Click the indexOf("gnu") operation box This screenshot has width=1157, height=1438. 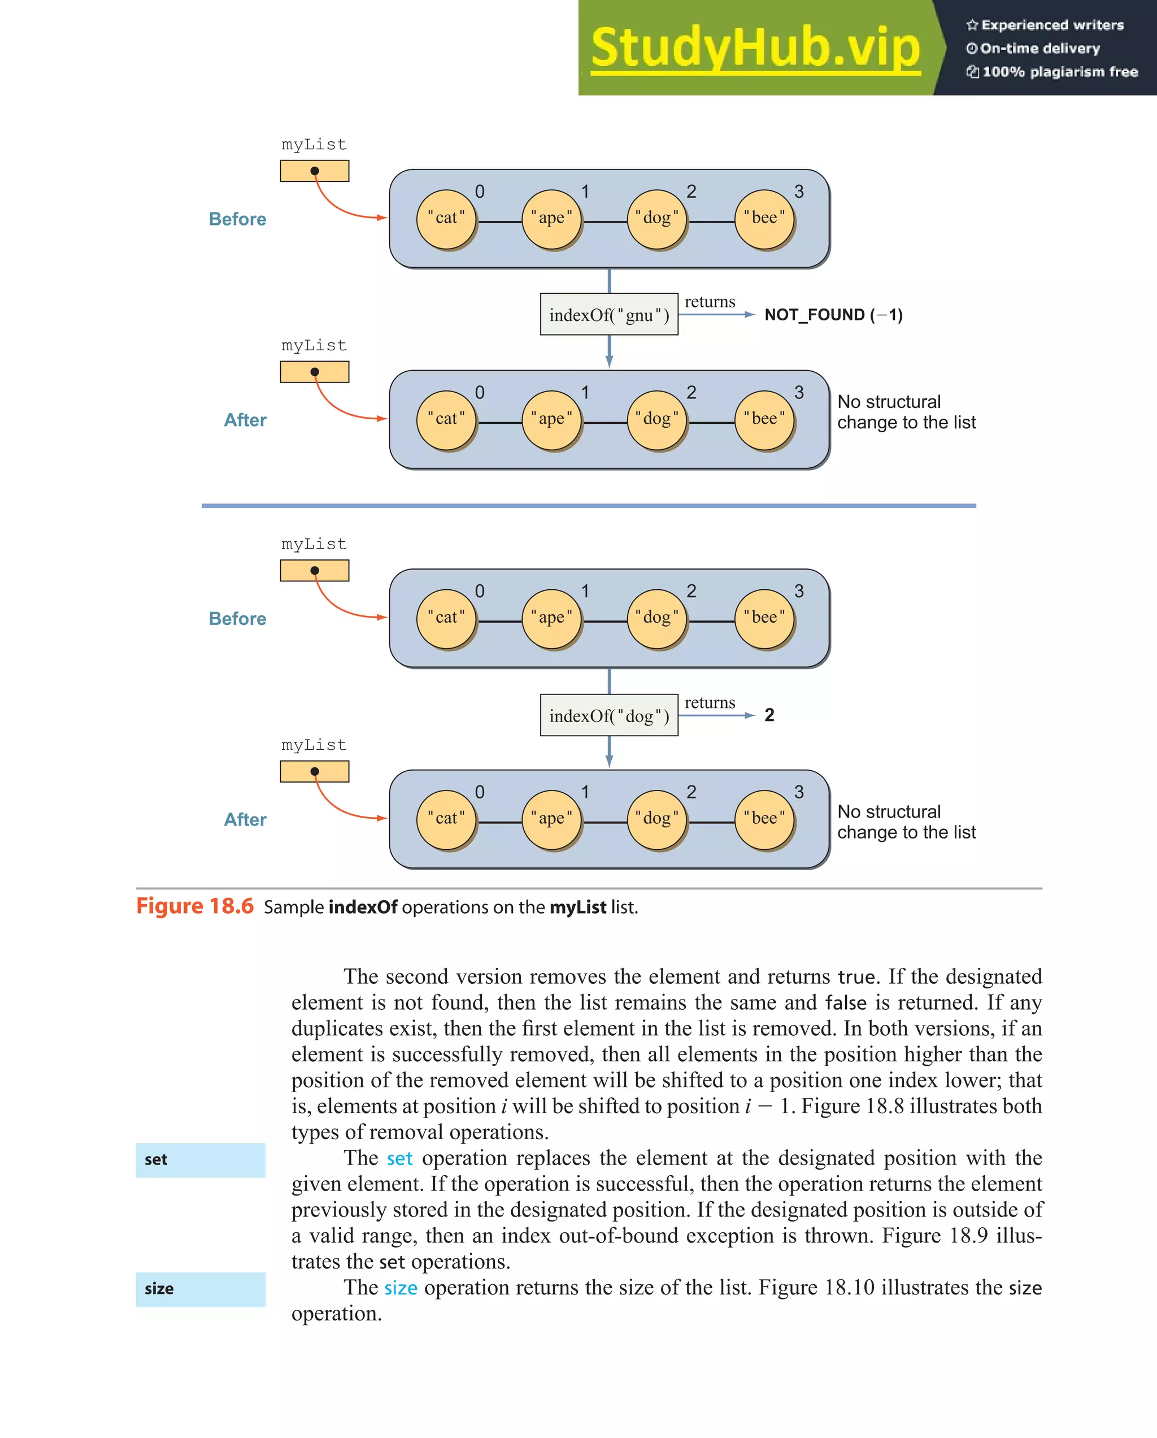coord(609,314)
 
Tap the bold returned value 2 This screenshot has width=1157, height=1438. coord(769,715)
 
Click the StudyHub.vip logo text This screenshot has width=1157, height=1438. coord(755,48)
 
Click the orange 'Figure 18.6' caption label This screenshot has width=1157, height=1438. coord(195,906)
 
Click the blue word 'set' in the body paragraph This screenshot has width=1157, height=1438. coord(399,1158)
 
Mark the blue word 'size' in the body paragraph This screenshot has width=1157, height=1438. coord(401,1288)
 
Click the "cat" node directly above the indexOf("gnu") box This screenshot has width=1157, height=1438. coord(446,219)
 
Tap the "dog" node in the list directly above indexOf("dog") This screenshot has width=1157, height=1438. coord(657,618)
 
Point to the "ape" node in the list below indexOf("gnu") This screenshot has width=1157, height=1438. coord(551,419)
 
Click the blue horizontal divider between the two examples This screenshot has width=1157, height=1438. coord(588,506)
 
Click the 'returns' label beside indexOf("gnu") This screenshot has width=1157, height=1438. coord(710,302)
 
